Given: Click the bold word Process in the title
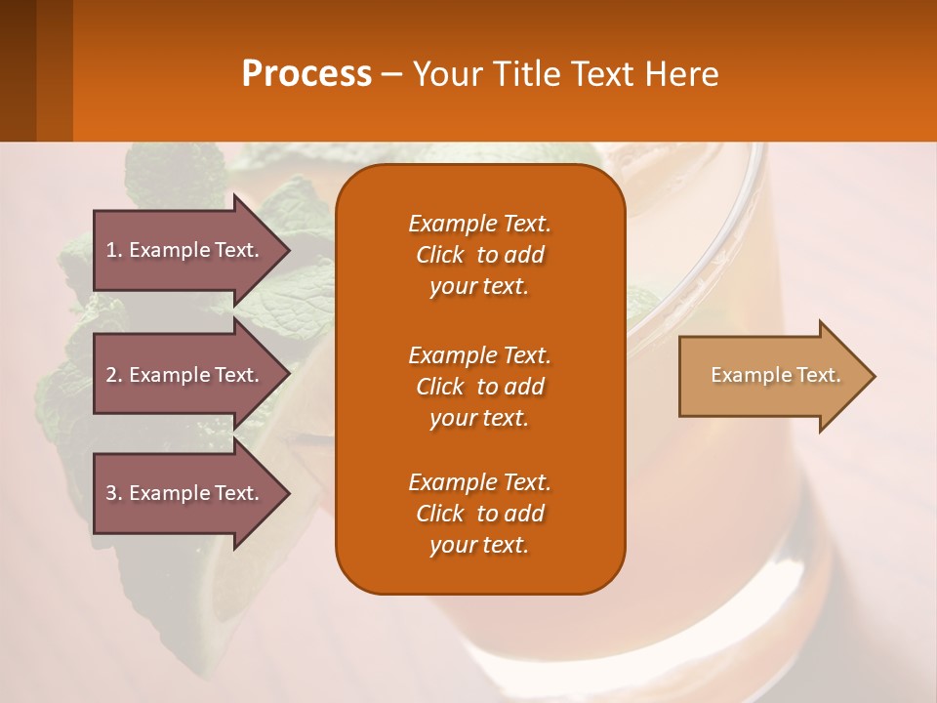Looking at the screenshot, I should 306,74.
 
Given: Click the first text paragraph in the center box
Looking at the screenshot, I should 479,255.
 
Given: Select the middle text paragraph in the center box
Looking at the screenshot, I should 479,387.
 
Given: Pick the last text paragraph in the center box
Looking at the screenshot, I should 479,514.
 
